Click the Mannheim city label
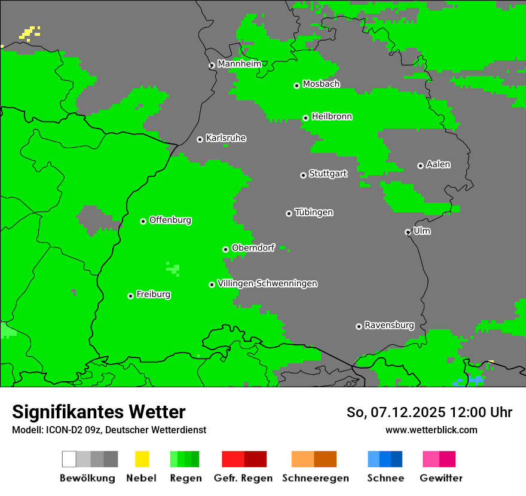tap(240, 64)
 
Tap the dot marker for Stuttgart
tap(303, 175)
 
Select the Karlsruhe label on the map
tap(226, 138)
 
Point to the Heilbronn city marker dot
tap(305, 118)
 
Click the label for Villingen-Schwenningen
tap(268, 283)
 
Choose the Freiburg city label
tap(153, 294)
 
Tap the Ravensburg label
tap(389, 325)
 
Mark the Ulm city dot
tap(408, 232)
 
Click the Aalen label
tap(438, 164)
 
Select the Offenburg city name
tap(170, 220)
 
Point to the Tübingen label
tap(314, 212)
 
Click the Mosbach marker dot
tap(296, 85)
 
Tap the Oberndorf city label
tap(253, 248)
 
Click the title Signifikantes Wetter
tap(99, 412)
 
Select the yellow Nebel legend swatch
tap(142, 459)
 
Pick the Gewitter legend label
tap(441, 478)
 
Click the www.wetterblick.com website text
tap(431, 430)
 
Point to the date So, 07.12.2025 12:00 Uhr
tap(429, 412)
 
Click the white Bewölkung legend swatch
tap(69, 459)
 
